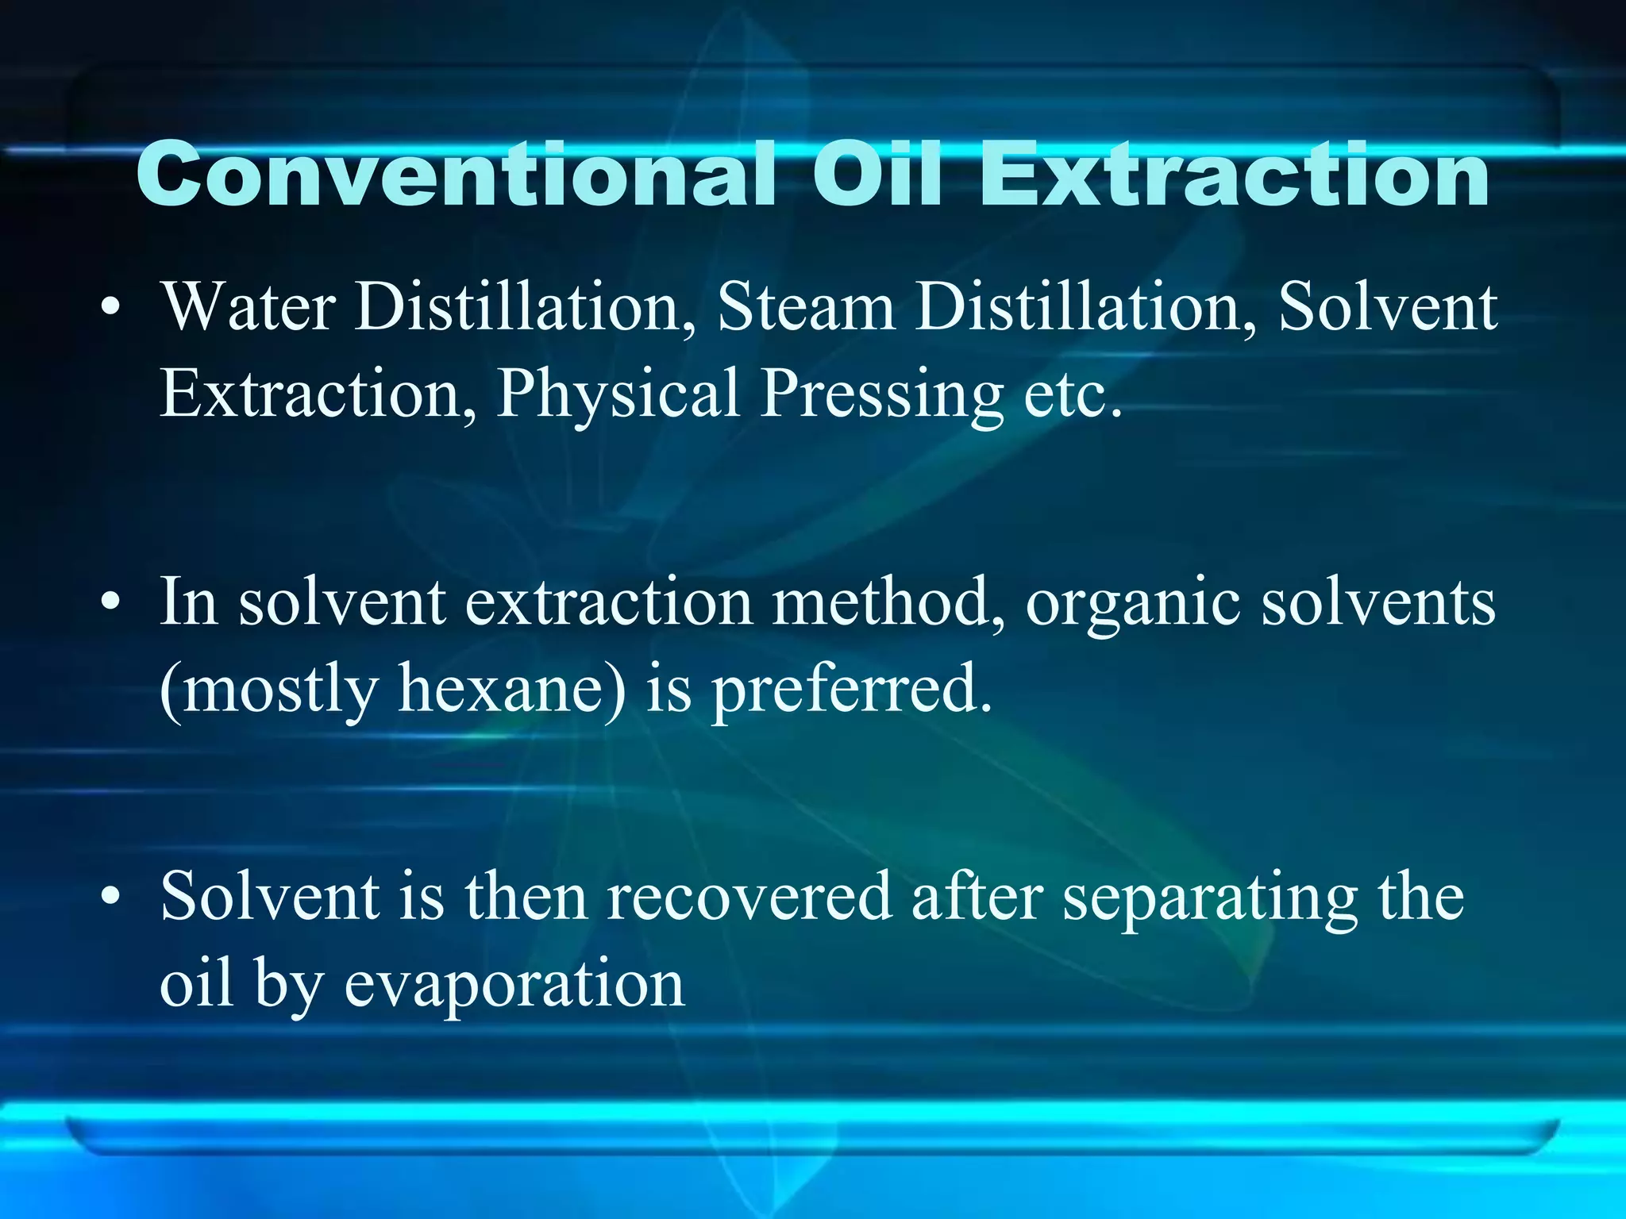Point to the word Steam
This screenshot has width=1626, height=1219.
[806, 307]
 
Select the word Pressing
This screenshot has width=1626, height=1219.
[881, 394]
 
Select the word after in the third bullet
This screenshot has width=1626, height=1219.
[977, 898]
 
